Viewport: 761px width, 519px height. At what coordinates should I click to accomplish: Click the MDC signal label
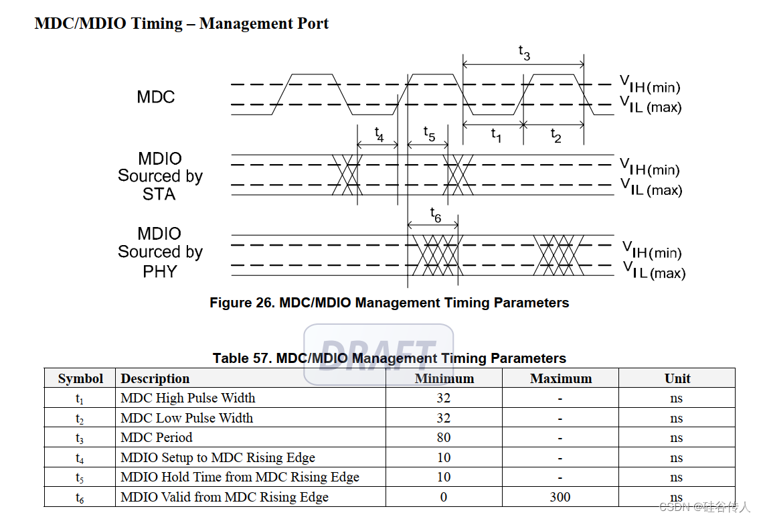(x=155, y=97)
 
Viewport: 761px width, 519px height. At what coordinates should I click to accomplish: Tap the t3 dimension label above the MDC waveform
(x=524, y=53)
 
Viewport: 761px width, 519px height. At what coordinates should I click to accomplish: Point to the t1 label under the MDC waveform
(x=495, y=135)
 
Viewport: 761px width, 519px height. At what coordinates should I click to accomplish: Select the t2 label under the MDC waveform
(x=556, y=135)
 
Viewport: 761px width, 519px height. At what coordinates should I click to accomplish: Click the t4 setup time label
(x=378, y=134)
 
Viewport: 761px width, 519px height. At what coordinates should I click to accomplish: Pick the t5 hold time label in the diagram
(x=429, y=134)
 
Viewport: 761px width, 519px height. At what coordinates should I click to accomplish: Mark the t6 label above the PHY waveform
(x=435, y=215)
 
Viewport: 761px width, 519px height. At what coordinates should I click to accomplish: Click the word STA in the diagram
(x=159, y=194)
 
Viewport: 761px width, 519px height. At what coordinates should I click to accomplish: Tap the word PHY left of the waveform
(x=160, y=271)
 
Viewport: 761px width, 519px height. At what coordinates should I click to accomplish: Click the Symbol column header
(x=80, y=378)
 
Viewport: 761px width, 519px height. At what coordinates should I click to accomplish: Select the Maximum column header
(x=561, y=378)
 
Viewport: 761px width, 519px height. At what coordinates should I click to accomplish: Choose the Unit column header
(x=677, y=378)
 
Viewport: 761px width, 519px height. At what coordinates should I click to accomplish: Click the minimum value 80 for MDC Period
(x=444, y=438)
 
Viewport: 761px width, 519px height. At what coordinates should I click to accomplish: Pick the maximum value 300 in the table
(x=560, y=497)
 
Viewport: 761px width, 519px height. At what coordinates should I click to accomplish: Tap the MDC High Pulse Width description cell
(x=188, y=398)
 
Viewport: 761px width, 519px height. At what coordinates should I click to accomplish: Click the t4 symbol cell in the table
(x=80, y=458)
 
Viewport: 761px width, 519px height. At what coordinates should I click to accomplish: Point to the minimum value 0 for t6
(x=444, y=497)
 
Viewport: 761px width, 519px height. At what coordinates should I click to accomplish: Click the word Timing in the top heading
(x=157, y=23)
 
